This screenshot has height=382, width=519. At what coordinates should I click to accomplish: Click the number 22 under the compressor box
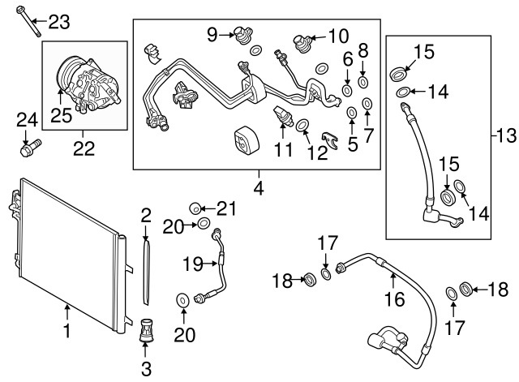(x=84, y=148)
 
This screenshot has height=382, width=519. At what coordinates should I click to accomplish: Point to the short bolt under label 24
(x=29, y=149)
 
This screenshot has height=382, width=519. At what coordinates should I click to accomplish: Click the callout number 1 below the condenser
(x=67, y=331)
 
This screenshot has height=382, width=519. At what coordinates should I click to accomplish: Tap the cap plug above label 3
(x=148, y=329)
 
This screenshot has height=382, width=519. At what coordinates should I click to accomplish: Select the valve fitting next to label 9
(x=240, y=35)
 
